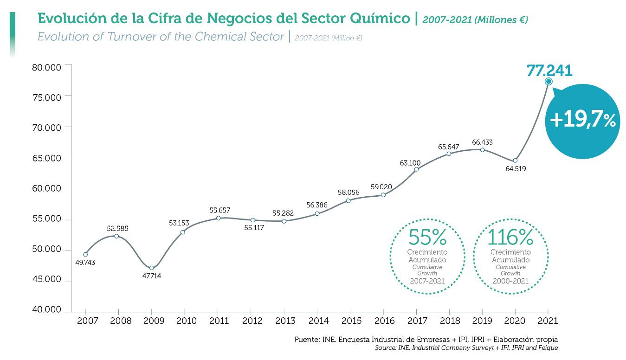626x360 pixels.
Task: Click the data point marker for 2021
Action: pyautogui.click(x=549, y=81)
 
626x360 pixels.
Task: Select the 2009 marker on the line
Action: pyautogui.click(x=152, y=268)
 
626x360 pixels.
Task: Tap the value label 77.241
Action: pyautogui.click(x=549, y=71)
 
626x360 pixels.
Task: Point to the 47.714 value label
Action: pyautogui.click(x=152, y=276)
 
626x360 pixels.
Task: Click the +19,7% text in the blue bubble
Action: pyautogui.click(x=582, y=121)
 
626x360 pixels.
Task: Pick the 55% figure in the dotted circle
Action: pyautogui.click(x=427, y=238)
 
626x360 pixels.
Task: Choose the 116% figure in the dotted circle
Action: pyautogui.click(x=510, y=238)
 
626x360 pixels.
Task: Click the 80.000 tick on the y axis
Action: pyautogui.click(x=46, y=68)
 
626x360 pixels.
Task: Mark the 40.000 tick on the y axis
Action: pyautogui.click(x=46, y=310)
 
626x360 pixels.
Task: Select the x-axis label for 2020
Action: pyautogui.click(x=515, y=321)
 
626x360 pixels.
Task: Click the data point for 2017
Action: pyautogui.click(x=416, y=169)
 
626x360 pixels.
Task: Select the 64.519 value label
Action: pyautogui.click(x=516, y=169)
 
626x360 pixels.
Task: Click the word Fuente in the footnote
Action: pyautogui.click(x=307, y=340)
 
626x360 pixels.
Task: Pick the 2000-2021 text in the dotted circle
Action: pyautogui.click(x=510, y=281)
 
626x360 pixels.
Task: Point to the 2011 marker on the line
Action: pyautogui.click(x=218, y=218)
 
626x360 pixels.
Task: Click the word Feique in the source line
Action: pyautogui.click(x=548, y=347)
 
